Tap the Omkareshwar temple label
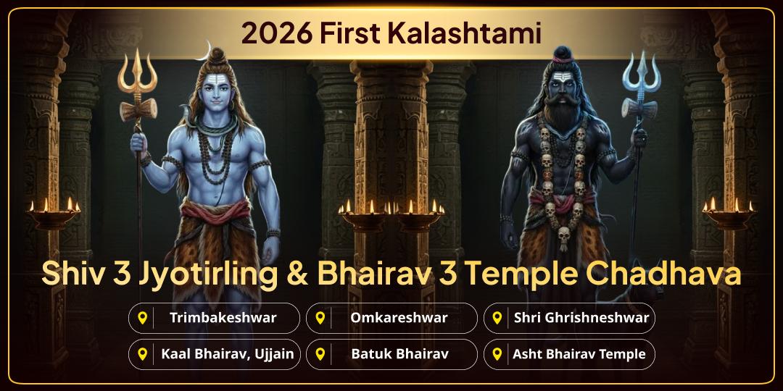pos(399,317)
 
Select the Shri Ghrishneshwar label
pos(581,317)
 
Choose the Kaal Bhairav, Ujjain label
pos(228,354)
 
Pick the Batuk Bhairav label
pos(399,354)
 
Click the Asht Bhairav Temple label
pos(579,354)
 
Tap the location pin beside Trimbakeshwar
pos(143,317)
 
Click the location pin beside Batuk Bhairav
pos(320,354)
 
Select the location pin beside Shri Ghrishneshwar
pos(497,317)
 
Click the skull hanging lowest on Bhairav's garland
pos(563,235)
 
